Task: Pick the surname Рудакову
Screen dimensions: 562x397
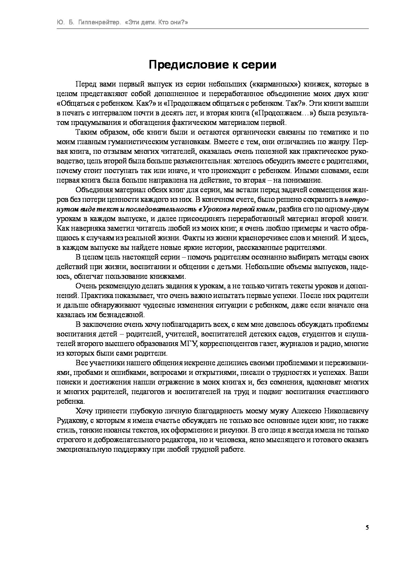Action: [x=69, y=420]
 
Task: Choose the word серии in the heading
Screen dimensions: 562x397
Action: [x=258, y=65]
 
